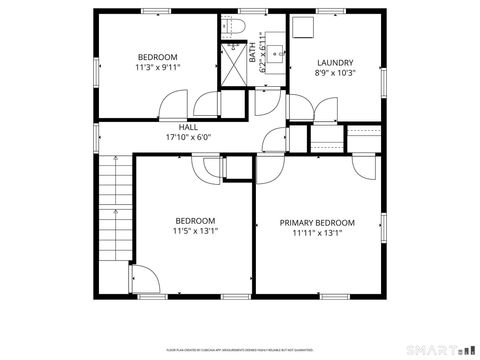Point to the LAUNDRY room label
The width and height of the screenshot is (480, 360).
tap(335, 62)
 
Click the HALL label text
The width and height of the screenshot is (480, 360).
tap(188, 127)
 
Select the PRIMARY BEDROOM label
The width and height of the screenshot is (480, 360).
tap(317, 222)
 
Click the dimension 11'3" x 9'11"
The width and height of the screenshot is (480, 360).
tap(158, 69)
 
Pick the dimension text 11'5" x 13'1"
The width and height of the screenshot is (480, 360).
tap(195, 232)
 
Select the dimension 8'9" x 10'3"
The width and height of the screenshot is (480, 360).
tap(335, 73)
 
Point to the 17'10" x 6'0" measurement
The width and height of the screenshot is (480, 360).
tap(188, 138)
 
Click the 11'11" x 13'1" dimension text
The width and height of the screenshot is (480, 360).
tap(317, 233)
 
